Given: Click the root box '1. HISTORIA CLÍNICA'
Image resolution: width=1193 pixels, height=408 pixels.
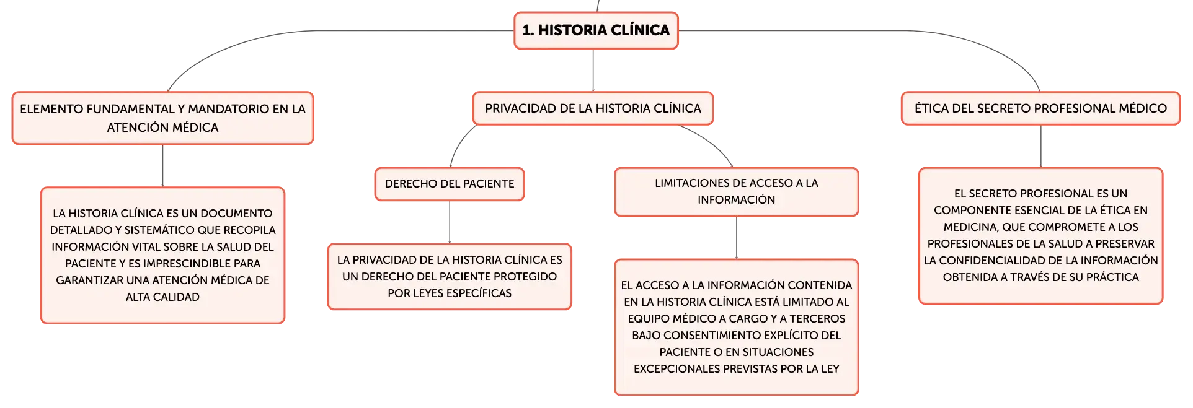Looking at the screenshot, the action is coord(596,30).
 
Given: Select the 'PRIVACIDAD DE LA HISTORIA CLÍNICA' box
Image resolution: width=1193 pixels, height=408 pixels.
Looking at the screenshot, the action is coord(593,108).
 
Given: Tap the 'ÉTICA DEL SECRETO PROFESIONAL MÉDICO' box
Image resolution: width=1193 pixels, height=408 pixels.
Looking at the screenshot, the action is coord(1040,108).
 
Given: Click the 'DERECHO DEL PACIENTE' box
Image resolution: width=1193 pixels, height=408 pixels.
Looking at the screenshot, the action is coord(450,184).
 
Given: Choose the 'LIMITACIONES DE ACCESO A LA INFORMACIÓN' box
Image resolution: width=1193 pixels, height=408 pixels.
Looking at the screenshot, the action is coord(737,192).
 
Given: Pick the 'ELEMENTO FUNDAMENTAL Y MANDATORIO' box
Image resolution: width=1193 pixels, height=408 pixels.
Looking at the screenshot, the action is coord(162,118).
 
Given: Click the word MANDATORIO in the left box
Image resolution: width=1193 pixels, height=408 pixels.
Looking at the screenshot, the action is coord(229,109).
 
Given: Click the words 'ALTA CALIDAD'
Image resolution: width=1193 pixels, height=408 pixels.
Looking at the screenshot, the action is coord(162,297).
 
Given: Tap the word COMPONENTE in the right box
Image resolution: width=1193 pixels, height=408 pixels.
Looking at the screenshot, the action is coord(969,210).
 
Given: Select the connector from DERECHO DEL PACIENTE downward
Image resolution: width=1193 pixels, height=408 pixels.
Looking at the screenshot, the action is coord(450,222).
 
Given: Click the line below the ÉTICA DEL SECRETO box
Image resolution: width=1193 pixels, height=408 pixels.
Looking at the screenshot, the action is coord(1041,146).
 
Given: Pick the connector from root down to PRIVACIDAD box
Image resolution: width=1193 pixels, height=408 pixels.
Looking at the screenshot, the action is coord(593,71).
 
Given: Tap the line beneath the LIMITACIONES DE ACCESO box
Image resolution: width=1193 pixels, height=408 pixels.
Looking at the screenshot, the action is coord(737,238).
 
